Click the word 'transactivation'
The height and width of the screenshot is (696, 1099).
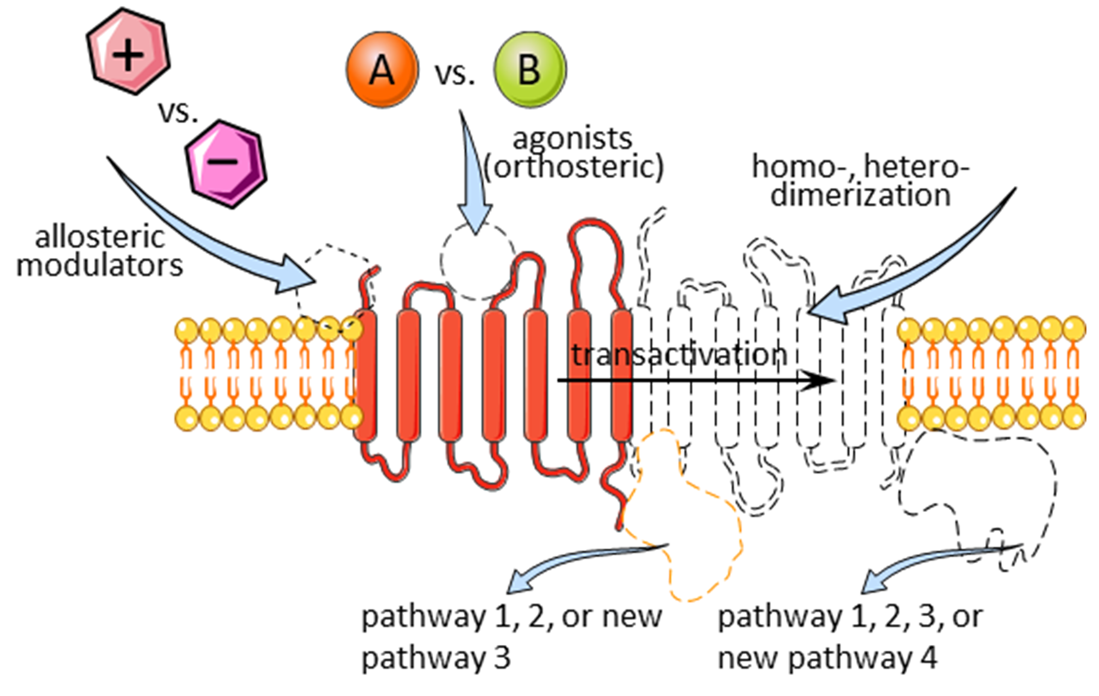pyautogui.click(x=679, y=355)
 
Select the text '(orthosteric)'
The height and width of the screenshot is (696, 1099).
pyautogui.click(x=573, y=167)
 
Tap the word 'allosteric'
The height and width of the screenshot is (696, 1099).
pyautogui.click(x=100, y=237)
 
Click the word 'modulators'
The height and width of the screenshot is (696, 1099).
pyautogui.click(x=100, y=266)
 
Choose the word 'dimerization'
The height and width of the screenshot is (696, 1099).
pyautogui.click(x=860, y=195)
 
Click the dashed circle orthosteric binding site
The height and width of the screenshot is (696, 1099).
pyautogui.click(x=477, y=261)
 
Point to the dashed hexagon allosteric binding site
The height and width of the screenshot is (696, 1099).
pyautogui.click(x=335, y=285)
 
